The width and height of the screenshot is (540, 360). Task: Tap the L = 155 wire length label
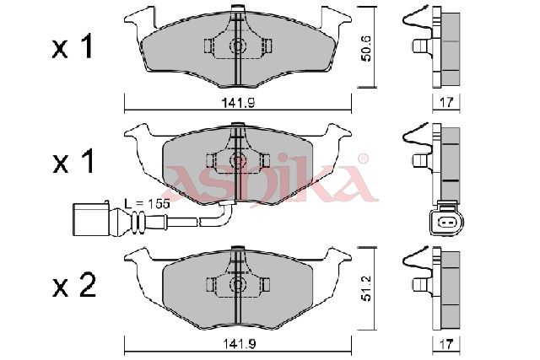pos(147,204)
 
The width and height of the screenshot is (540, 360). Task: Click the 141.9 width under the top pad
pos(238,102)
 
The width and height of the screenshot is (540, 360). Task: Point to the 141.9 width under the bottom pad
pos(238,344)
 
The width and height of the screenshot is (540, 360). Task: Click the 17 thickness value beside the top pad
pos(446,102)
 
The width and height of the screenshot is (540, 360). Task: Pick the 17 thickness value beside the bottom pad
pos(446,345)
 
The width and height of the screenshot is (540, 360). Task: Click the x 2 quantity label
pos(73,287)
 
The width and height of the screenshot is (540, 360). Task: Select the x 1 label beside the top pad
pos(73,47)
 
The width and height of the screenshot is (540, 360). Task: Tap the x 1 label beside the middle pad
pos(73,161)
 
